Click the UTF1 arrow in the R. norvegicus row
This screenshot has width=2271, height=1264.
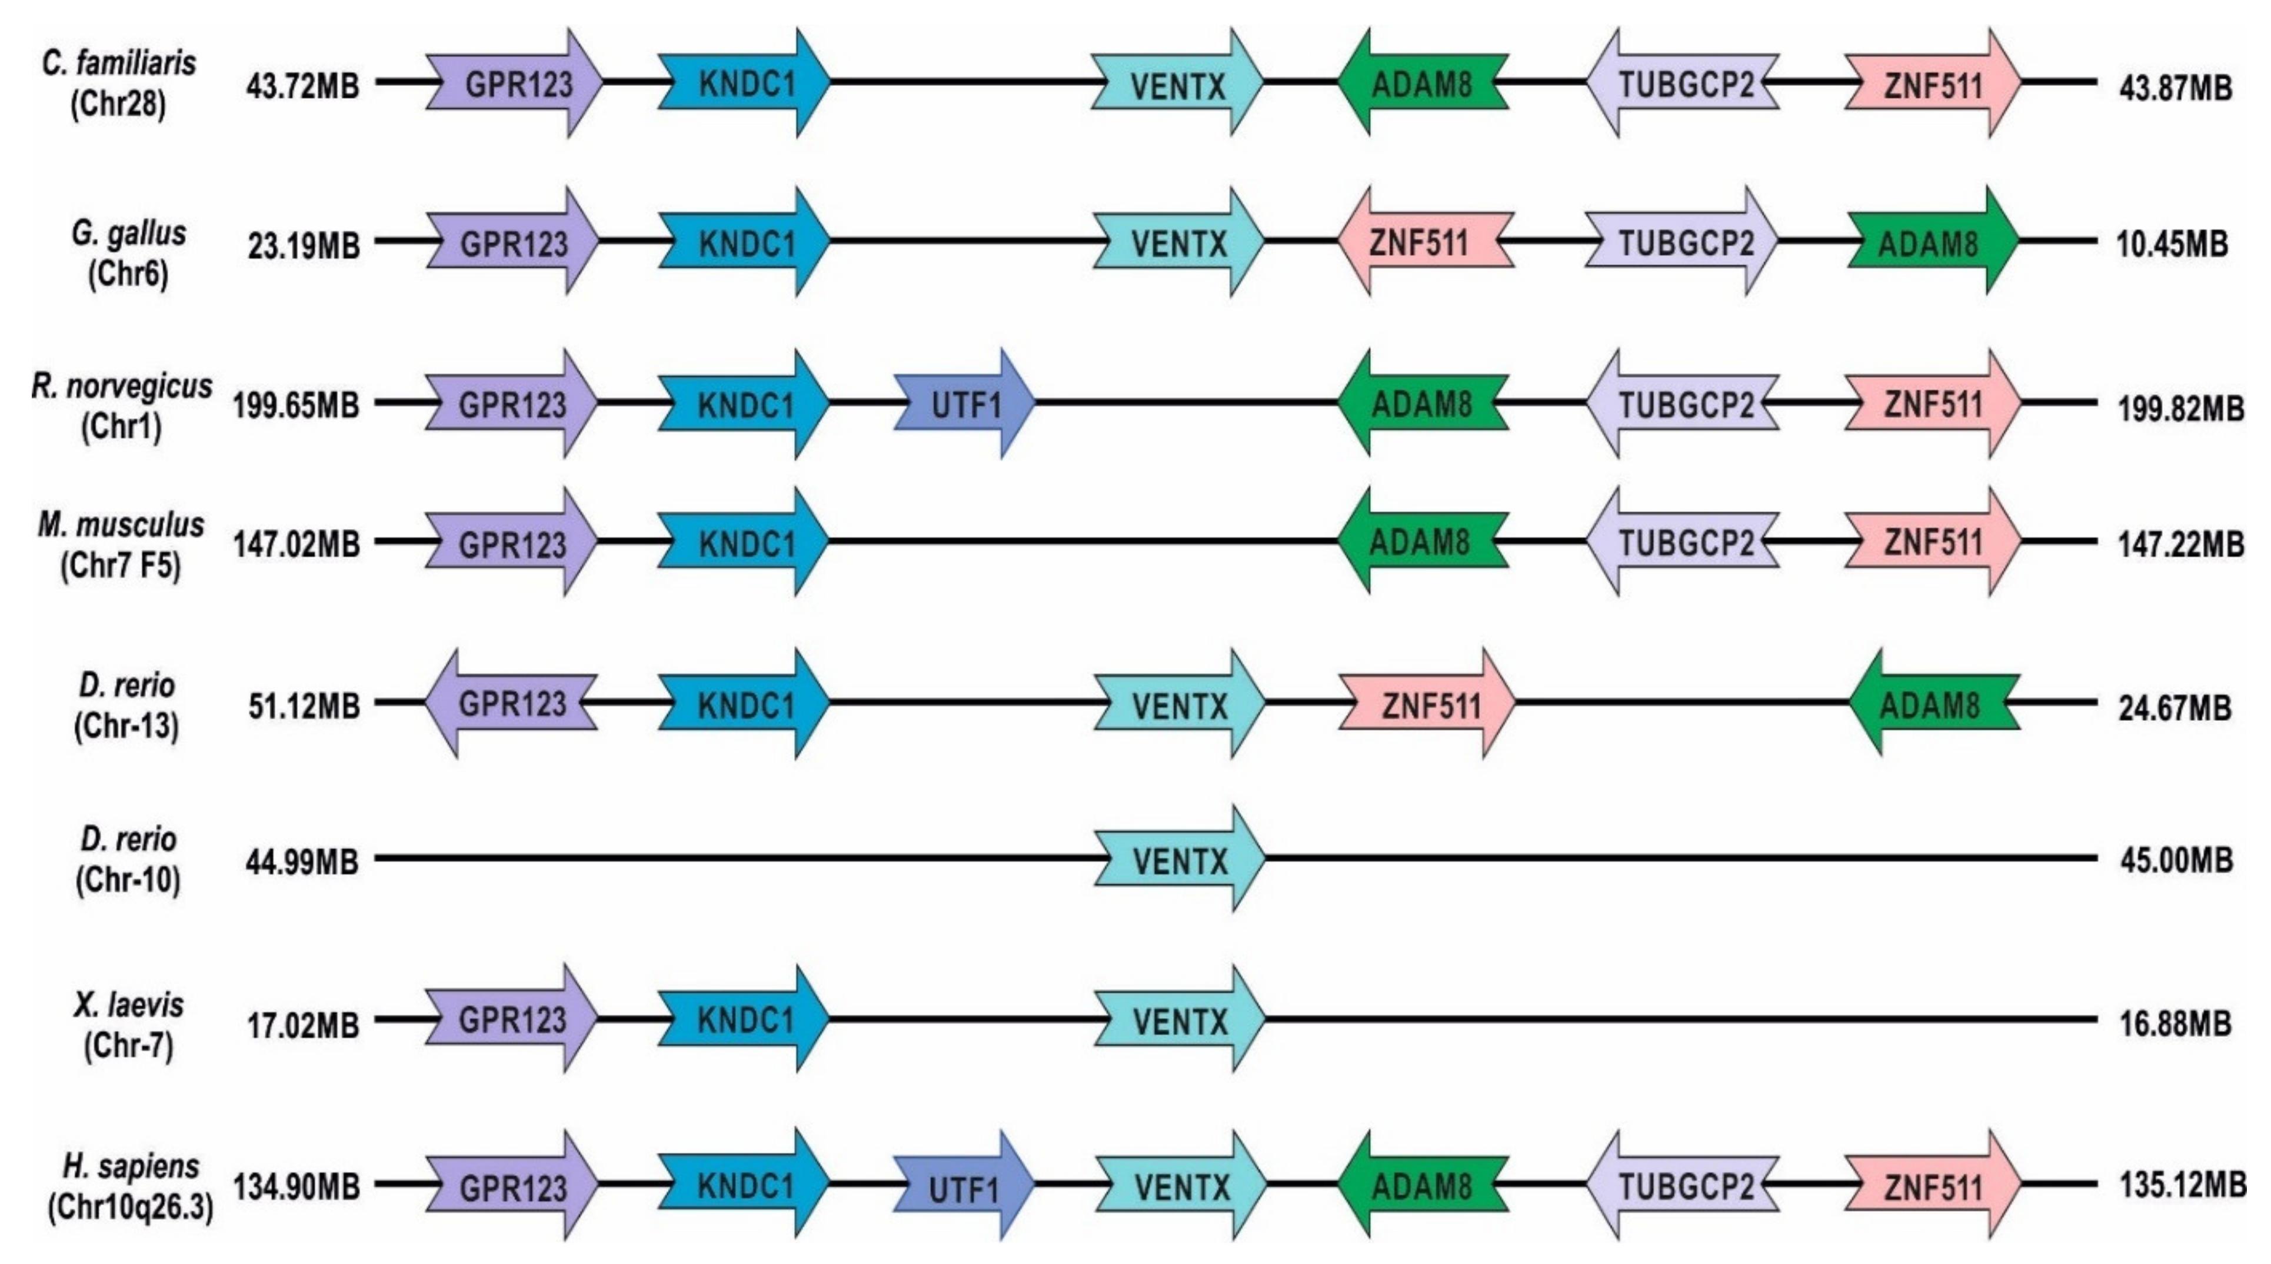[964, 404]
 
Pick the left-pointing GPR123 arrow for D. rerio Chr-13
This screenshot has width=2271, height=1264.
[511, 704]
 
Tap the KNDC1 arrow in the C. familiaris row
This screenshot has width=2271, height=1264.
[745, 84]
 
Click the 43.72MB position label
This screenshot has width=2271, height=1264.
[302, 87]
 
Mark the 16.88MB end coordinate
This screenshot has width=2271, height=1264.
[2176, 1023]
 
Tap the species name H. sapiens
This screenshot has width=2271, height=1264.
[131, 1166]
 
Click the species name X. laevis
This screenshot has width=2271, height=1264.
[129, 1004]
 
